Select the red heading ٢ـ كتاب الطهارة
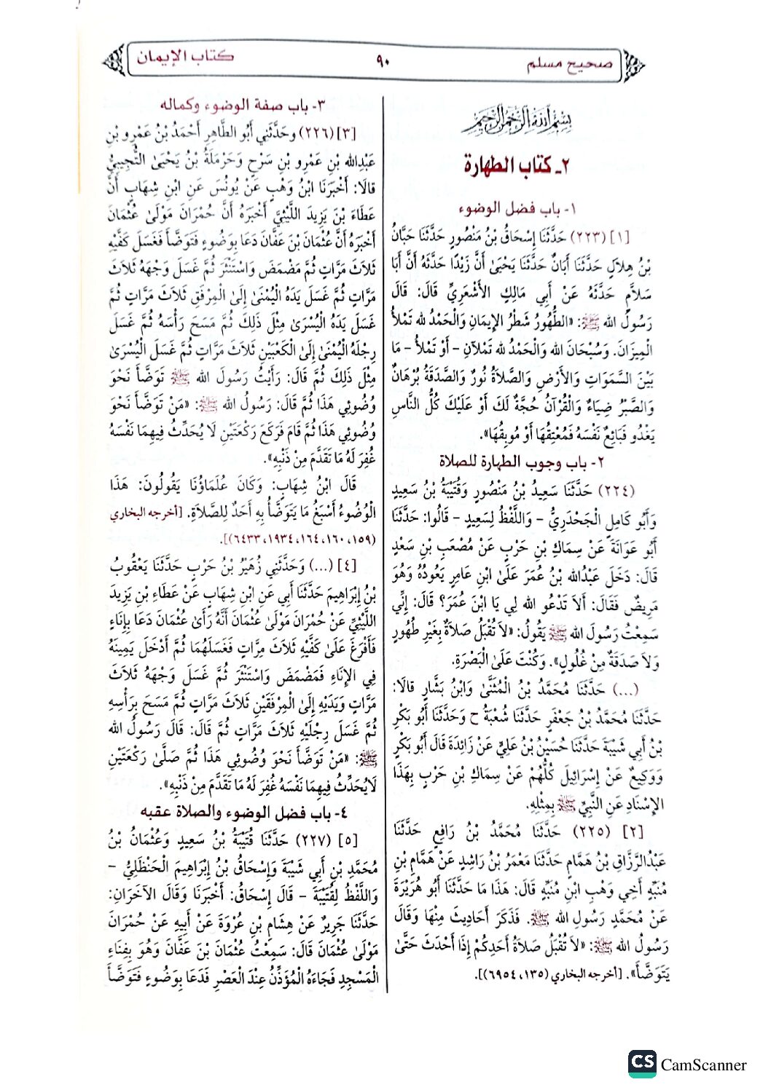[x=516, y=165]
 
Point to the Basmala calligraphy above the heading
[x=517, y=122]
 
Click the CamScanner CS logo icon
[x=642, y=1064]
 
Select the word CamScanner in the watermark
[x=703, y=1065]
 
